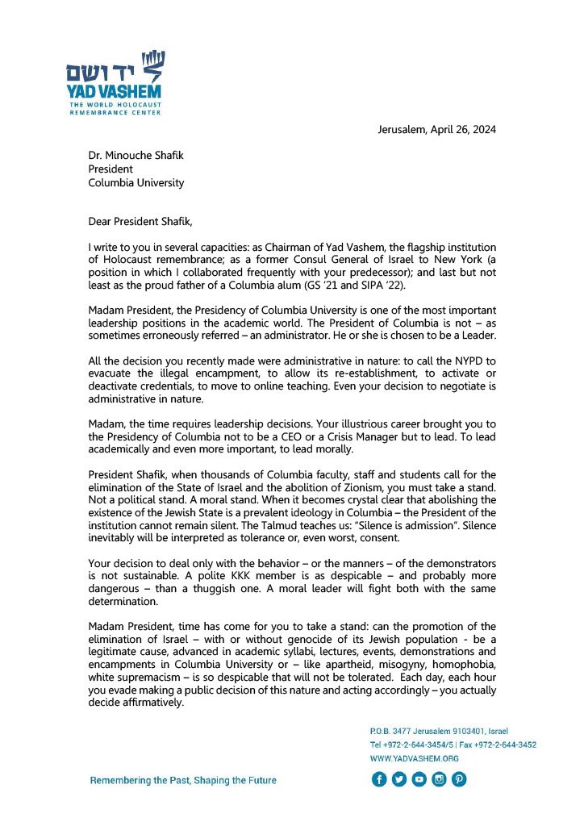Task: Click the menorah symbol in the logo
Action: (x=152, y=61)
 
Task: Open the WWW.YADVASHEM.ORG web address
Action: (x=414, y=758)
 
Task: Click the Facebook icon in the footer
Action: (x=379, y=779)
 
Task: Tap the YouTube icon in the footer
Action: (x=419, y=779)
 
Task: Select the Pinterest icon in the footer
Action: (x=460, y=779)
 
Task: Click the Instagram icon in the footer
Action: (x=440, y=779)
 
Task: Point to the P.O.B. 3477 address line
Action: (x=439, y=731)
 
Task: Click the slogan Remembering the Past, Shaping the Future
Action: (x=183, y=780)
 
